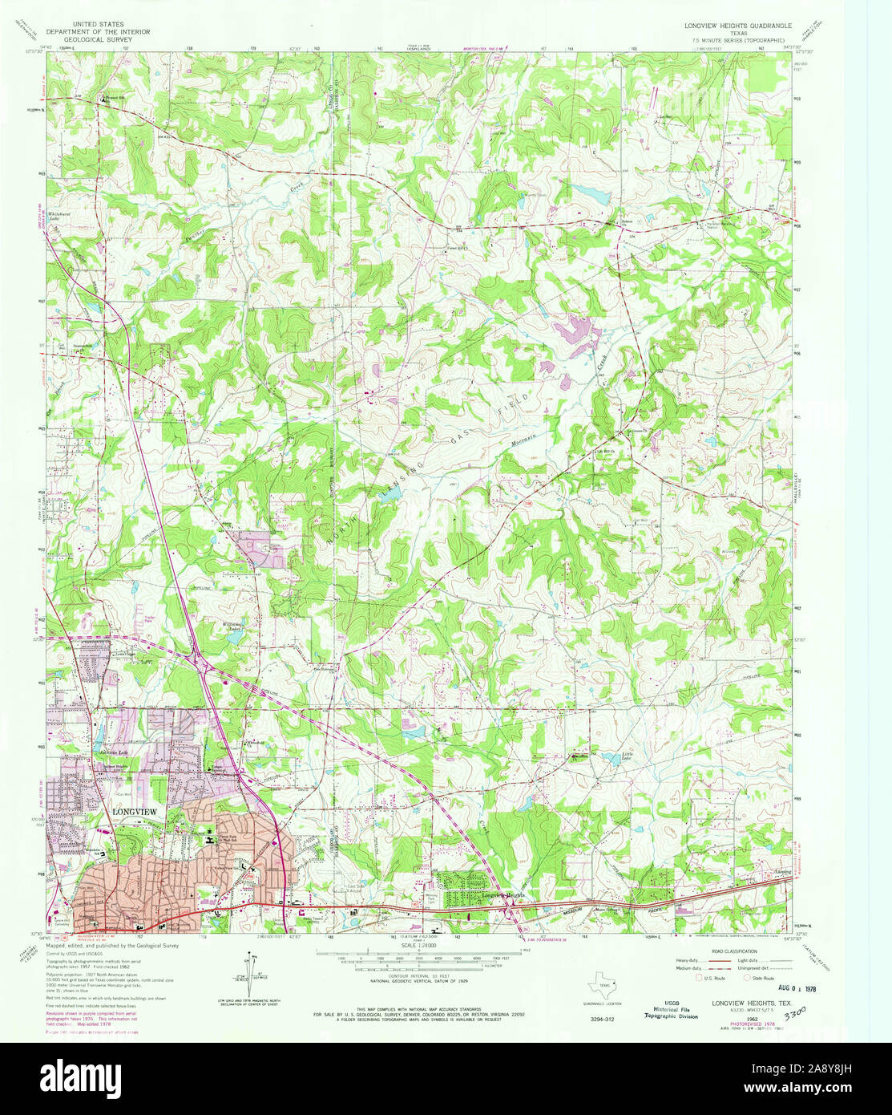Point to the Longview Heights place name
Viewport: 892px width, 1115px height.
pyautogui.click(x=505, y=895)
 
